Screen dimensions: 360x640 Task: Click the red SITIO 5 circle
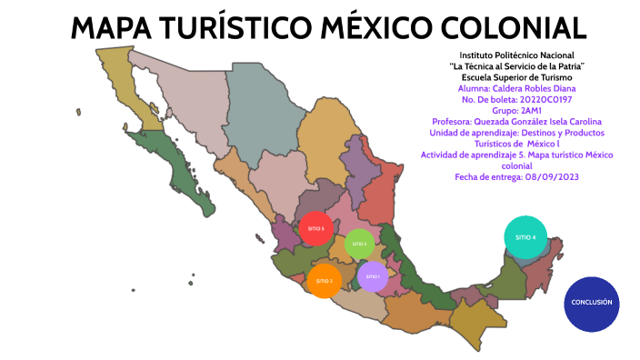(315, 228)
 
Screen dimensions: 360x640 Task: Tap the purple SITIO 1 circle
(373, 275)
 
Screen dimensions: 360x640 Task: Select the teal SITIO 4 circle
(525, 236)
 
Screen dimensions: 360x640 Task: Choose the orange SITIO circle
(325, 281)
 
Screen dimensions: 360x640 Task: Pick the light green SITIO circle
(359, 244)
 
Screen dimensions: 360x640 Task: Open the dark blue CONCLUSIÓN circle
(591, 303)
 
